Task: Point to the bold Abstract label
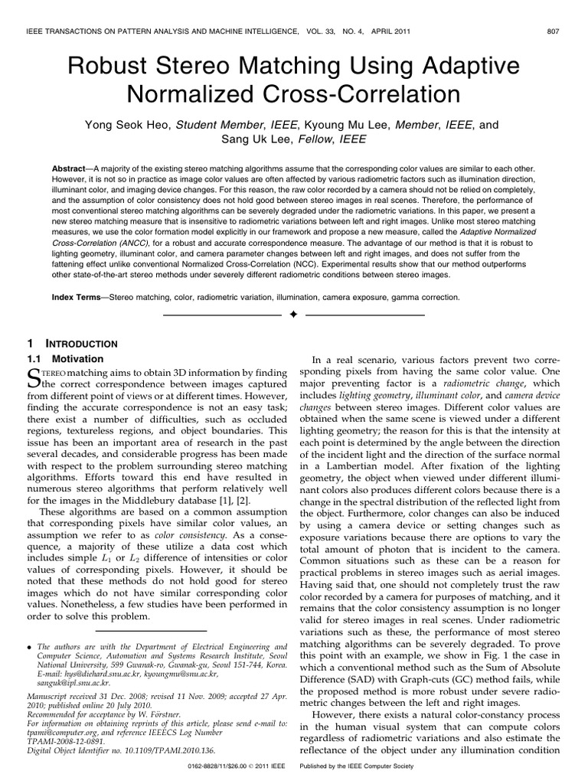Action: pyautogui.click(x=71, y=167)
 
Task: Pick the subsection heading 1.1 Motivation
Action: pyautogui.click(x=65, y=358)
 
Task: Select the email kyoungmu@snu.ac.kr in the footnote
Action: pyautogui.click(x=181, y=675)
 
